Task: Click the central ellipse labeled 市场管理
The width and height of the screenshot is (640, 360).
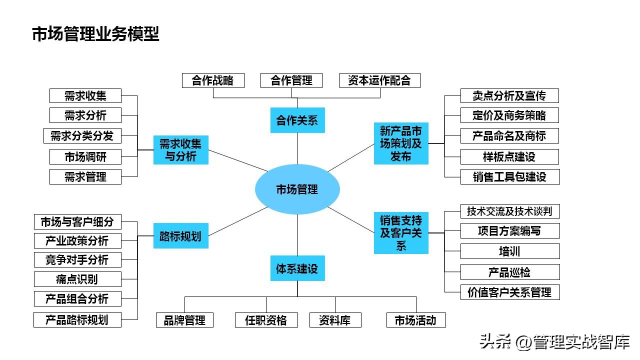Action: point(297,189)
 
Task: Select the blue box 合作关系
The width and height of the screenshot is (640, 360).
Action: point(297,120)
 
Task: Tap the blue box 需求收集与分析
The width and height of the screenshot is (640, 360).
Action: point(180,150)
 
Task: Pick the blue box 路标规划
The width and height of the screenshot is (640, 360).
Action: point(180,236)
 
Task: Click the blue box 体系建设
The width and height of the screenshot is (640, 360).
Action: point(297,268)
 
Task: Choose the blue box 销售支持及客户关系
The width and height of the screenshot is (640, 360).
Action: point(401,233)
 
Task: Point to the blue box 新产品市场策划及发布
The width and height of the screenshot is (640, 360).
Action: point(401,143)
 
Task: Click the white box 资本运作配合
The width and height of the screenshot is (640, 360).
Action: point(379,80)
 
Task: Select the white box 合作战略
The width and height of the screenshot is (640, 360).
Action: point(212,80)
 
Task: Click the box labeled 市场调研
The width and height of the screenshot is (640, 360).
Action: point(85,156)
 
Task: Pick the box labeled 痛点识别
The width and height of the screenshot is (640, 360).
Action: point(77,279)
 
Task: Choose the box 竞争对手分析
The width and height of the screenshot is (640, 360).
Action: point(77,259)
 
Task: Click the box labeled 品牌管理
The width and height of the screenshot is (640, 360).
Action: point(184,320)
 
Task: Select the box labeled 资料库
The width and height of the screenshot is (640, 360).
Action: point(334,320)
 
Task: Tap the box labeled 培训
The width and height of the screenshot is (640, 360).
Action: point(509,251)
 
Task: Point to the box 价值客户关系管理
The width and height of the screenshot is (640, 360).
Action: point(509,292)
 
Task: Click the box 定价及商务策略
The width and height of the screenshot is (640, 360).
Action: point(509,115)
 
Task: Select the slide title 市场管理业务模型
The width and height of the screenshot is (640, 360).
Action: point(95,34)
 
